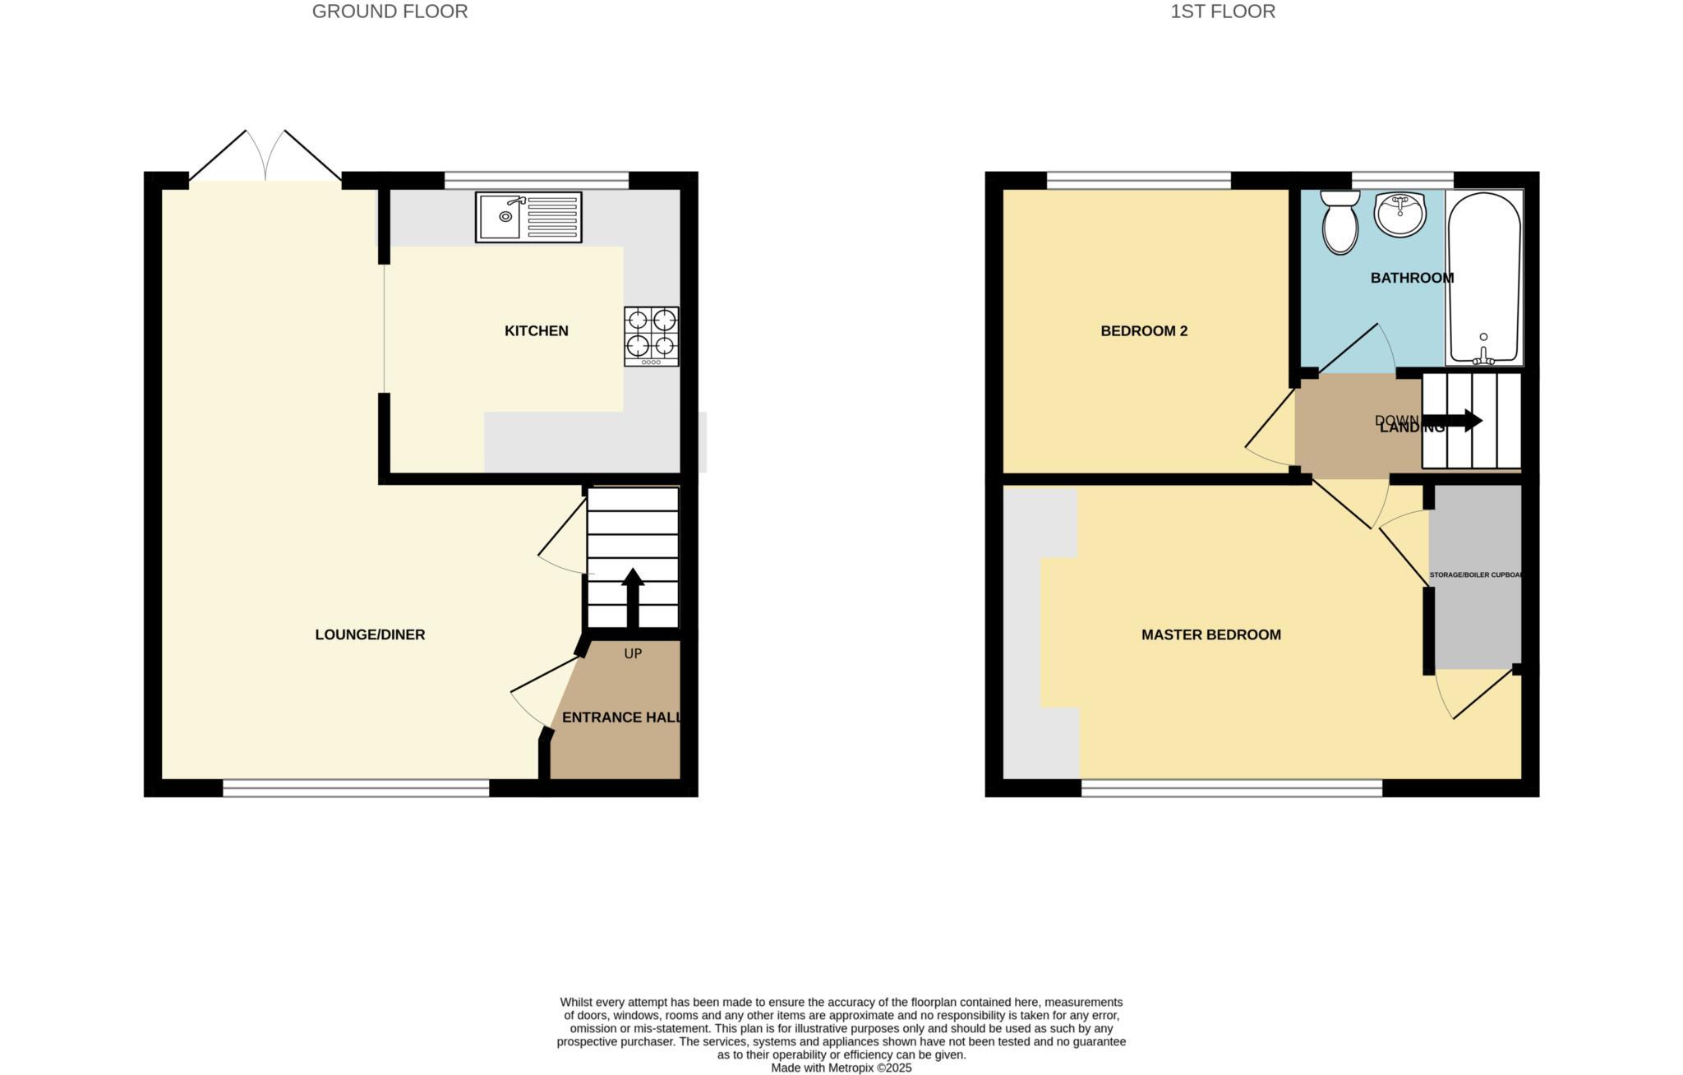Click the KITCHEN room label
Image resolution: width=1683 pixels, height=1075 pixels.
tap(536, 331)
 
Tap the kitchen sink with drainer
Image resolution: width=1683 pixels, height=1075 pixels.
tap(528, 217)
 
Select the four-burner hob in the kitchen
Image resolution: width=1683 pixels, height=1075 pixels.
tap(652, 336)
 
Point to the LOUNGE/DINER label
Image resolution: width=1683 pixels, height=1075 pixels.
tap(370, 634)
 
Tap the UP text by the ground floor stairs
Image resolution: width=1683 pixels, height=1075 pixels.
tap(633, 654)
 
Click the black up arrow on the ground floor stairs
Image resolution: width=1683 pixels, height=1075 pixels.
tap(633, 597)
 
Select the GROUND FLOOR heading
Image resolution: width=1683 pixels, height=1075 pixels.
tap(390, 12)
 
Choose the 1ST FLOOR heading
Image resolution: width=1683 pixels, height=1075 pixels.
tap(1223, 12)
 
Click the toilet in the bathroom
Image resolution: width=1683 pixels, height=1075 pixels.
tap(1340, 221)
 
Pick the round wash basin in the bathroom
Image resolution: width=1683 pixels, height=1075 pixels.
tap(1399, 215)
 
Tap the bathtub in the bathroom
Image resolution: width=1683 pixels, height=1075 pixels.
tap(1484, 278)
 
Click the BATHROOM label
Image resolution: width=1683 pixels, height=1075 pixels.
tap(1412, 278)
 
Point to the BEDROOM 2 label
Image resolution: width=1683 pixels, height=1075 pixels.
tap(1144, 331)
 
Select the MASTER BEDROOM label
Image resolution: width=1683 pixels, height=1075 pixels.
tap(1210, 634)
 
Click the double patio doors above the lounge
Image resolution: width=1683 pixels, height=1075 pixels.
tap(265, 158)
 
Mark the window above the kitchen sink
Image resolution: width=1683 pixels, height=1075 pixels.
tap(537, 180)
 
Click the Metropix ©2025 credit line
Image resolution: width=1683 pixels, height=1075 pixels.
tap(841, 1068)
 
